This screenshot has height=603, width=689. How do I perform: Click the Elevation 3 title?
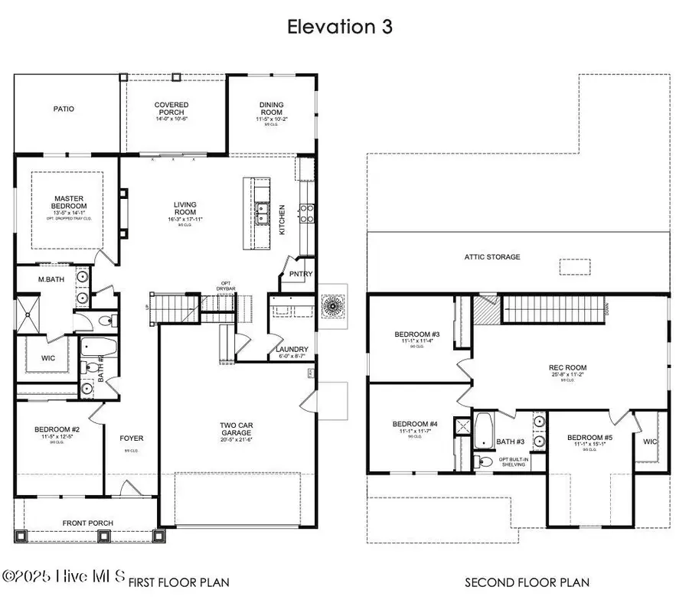click(339, 27)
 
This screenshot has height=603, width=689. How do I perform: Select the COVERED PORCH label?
click(171, 109)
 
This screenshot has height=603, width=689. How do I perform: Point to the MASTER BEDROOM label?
click(70, 203)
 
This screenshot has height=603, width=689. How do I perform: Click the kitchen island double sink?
click(262, 212)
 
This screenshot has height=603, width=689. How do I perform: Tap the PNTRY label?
click(297, 274)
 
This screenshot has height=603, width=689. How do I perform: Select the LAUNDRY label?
click(291, 350)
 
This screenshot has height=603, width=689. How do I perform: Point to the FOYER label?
click(132, 438)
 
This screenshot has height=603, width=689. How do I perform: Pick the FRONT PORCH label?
click(89, 523)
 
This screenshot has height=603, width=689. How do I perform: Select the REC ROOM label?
click(567, 366)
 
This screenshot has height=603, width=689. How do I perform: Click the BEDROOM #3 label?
click(416, 334)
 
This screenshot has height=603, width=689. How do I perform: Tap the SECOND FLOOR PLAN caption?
click(527, 583)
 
